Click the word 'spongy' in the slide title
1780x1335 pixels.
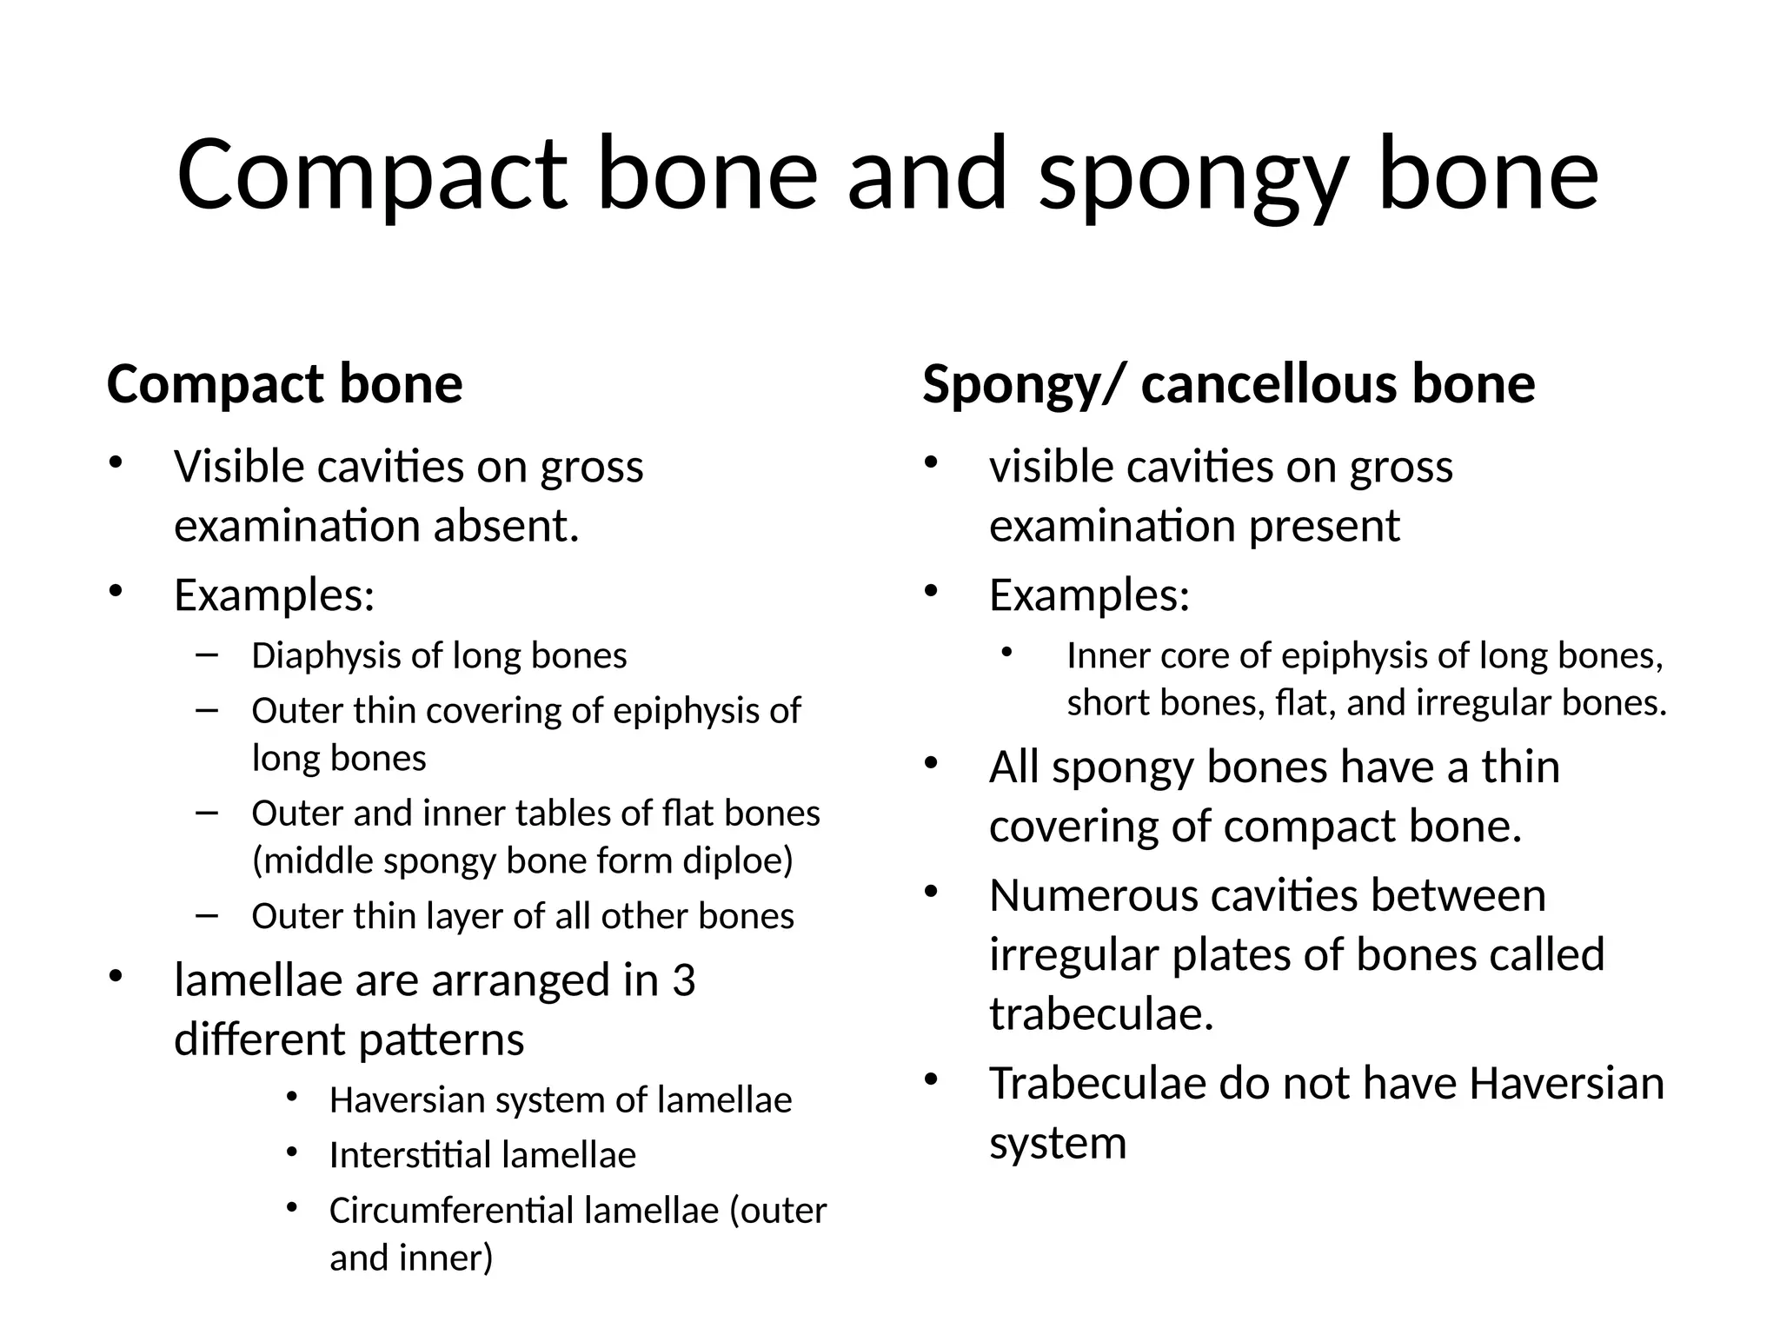tap(1194, 178)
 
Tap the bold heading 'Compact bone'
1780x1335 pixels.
tap(284, 384)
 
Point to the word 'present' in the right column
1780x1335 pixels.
tap(1325, 526)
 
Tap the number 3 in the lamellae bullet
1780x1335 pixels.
tap(683, 980)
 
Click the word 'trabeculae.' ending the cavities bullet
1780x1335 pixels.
tap(1101, 1013)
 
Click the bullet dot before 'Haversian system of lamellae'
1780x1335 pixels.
tap(291, 1098)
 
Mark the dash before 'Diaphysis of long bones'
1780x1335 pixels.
tap(207, 654)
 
